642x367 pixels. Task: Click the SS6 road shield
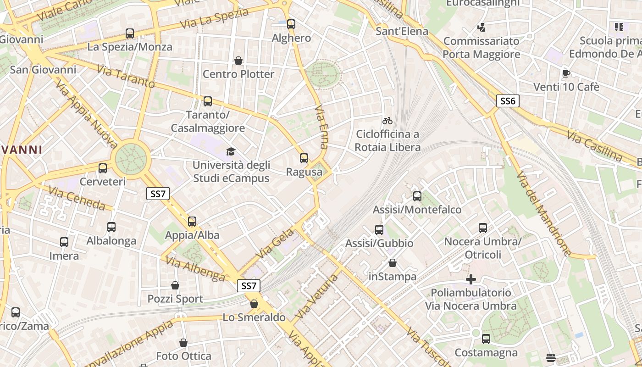point(508,101)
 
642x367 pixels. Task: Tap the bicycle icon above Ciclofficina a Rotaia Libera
point(387,121)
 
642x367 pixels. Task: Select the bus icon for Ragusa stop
point(304,158)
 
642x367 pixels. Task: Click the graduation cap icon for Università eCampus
point(231,151)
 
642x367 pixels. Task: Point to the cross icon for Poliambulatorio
point(470,279)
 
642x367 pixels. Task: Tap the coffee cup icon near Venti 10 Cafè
point(566,73)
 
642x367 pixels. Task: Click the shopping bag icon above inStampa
point(393,263)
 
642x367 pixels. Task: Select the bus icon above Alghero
point(291,24)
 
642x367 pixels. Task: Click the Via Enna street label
point(322,128)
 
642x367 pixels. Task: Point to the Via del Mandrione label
point(544,214)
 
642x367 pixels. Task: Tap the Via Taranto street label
point(126,77)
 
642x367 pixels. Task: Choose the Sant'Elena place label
point(402,31)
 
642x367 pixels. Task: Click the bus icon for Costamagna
point(486,339)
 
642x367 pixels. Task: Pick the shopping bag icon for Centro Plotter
point(238,61)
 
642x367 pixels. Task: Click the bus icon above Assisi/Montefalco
point(417,196)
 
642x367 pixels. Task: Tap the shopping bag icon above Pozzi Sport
point(175,285)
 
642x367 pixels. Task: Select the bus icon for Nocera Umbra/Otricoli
point(483,228)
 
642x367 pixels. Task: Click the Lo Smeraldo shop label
point(254,317)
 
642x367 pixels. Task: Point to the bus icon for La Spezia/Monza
point(130,33)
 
